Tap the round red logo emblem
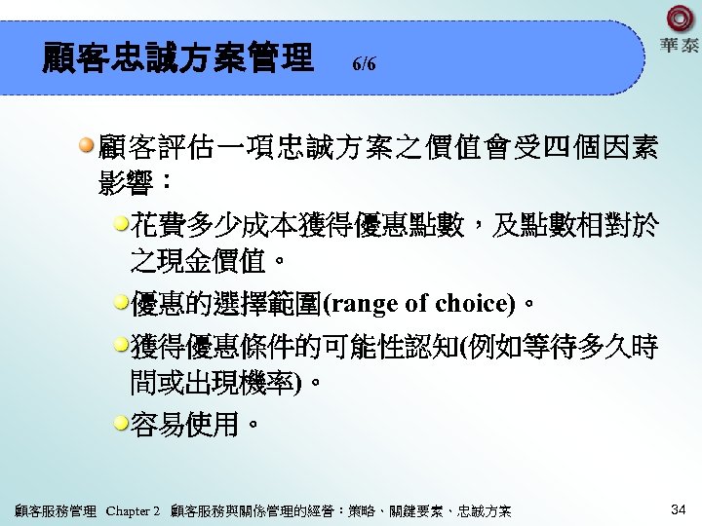coord(681,19)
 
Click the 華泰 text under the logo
coord(680,45)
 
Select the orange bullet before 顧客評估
coord(88,146)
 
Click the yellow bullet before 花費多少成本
coord(121,226)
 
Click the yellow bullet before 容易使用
coord(121,423)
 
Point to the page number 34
coord(679,509)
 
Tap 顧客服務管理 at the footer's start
coord(57,510)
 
